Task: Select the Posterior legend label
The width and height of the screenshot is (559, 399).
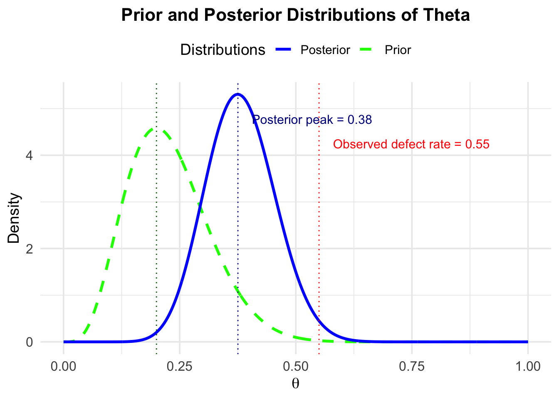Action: [325, 50]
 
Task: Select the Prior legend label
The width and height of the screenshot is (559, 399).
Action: [398, 50]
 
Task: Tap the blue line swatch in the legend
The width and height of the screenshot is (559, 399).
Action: [283, 49]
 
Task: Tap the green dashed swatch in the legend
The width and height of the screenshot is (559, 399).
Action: [366, 49]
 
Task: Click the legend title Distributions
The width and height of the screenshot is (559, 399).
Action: [223, 49]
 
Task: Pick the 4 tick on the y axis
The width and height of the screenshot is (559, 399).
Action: [30, 155]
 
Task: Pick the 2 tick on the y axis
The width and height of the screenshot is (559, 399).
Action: [30, 249]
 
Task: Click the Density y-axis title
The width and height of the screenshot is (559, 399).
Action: [13, 218]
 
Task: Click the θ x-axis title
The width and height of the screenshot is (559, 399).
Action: [295, 384]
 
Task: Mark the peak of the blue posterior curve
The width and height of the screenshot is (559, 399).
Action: [237, 94]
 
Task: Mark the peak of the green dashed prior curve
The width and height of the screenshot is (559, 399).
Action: [156, 129]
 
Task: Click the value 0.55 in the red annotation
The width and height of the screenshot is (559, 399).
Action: [477, 144]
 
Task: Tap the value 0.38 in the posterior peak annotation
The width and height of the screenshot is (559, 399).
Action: [360, 120]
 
